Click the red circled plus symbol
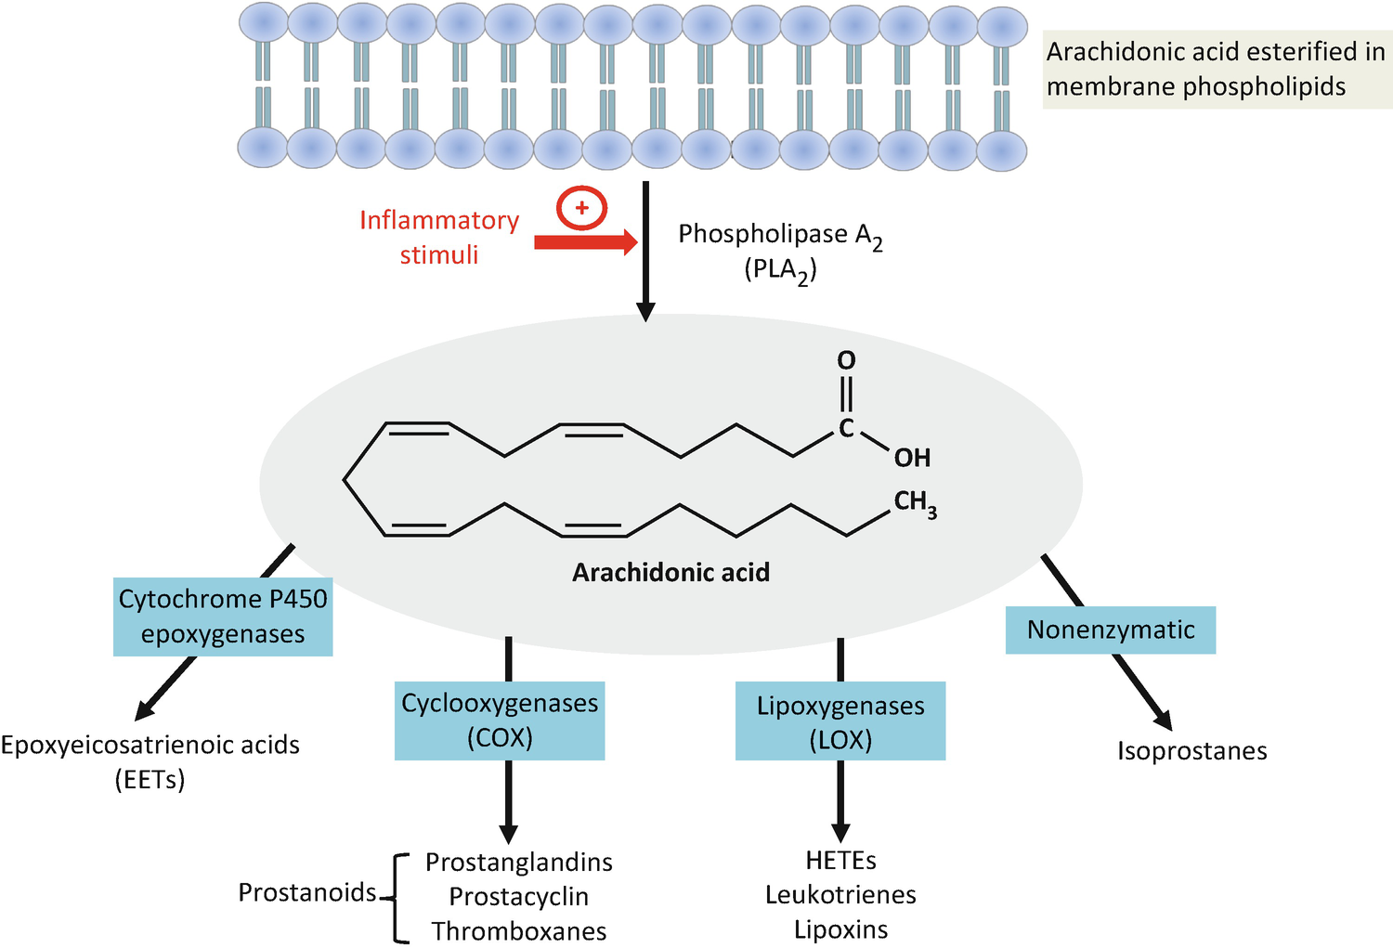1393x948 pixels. point(581,208)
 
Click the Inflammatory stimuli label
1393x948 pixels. point(439,237)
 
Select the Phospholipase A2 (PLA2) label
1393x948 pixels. point(780,251)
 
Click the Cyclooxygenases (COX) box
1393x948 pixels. point(500,721)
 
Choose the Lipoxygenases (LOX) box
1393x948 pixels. point(840,721)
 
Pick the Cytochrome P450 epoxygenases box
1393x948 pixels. point(223,617)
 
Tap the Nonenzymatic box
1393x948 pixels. point(1111,630)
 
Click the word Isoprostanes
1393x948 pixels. point(1191,751)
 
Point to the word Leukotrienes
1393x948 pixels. point(840,895)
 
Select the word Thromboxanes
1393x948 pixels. point(518,931)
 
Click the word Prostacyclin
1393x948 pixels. point(518,897)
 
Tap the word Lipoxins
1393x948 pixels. point(840,929)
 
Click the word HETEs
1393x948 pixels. point(840,861)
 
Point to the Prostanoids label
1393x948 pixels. point(307,892)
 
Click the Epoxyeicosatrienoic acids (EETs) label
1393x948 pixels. point(150,761)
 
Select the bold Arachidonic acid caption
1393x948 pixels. point(670,572)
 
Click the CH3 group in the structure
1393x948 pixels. point(915,503)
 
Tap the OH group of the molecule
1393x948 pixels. point(912,458)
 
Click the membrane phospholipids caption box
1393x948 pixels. point(1217,70)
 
